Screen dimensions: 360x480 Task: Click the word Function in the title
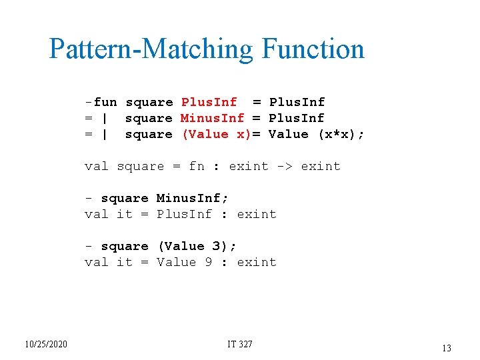click(313, 49)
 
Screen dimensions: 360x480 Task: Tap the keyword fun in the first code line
click(105, 102)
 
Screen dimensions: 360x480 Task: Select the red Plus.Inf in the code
click(209, 102)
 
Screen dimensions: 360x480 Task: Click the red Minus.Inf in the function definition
click(213, 118)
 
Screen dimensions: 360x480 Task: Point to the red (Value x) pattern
click(216, 134)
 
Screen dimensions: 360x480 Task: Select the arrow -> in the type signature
click(284, 166)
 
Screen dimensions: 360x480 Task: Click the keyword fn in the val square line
click(197, 166)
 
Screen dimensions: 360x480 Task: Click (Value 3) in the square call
click(196, 246)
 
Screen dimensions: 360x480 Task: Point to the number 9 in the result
click(209, 262)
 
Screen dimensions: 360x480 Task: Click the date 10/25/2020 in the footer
click(45, 344)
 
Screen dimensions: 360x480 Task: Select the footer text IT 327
click(240, 344)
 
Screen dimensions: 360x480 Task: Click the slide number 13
click(446, 347)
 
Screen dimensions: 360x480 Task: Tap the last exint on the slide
click(257, 262)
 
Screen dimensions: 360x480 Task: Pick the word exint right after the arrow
click(321, 166)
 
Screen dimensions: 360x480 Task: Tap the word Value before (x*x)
click(289, 134)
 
